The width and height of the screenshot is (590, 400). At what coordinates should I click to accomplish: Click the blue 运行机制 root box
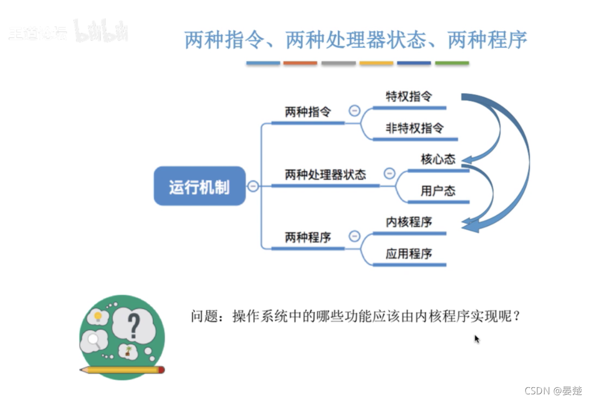[x=200, y=186]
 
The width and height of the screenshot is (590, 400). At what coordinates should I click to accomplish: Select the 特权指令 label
[x=409, y=96]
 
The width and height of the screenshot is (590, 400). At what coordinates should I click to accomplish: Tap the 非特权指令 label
[x=415, y=128]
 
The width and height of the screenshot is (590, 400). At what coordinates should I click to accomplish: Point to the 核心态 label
[x=438, y=159]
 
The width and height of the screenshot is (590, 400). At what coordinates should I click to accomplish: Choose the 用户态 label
[x=438, y=191]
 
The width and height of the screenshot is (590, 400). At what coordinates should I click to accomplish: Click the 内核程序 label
[x=409, y=222]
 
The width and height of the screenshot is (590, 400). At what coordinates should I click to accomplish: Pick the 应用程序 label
[x=409, y=254]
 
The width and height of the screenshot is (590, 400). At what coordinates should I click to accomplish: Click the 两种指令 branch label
[x=308, y=112]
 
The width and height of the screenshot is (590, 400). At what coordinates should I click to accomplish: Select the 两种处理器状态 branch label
[x=325, y=174]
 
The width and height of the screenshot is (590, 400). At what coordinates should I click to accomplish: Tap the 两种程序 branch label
[x=308, y=237]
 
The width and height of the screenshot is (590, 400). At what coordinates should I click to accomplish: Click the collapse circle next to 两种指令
[x=354, y=111]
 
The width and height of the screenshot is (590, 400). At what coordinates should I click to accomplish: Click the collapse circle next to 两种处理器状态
[x=389, y=174]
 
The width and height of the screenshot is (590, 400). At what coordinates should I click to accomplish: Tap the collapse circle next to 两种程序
[x=354, y=236]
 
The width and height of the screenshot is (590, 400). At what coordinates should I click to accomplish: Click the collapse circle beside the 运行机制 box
[x=253, y=186]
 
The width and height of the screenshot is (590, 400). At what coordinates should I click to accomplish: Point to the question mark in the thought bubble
[x=133, y=326]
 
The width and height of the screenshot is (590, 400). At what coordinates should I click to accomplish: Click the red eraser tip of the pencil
[x=161, y=369]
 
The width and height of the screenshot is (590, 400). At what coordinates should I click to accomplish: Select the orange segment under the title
[x=300, y=63]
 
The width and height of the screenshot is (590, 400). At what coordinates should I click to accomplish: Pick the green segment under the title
[x=452, y=63]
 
